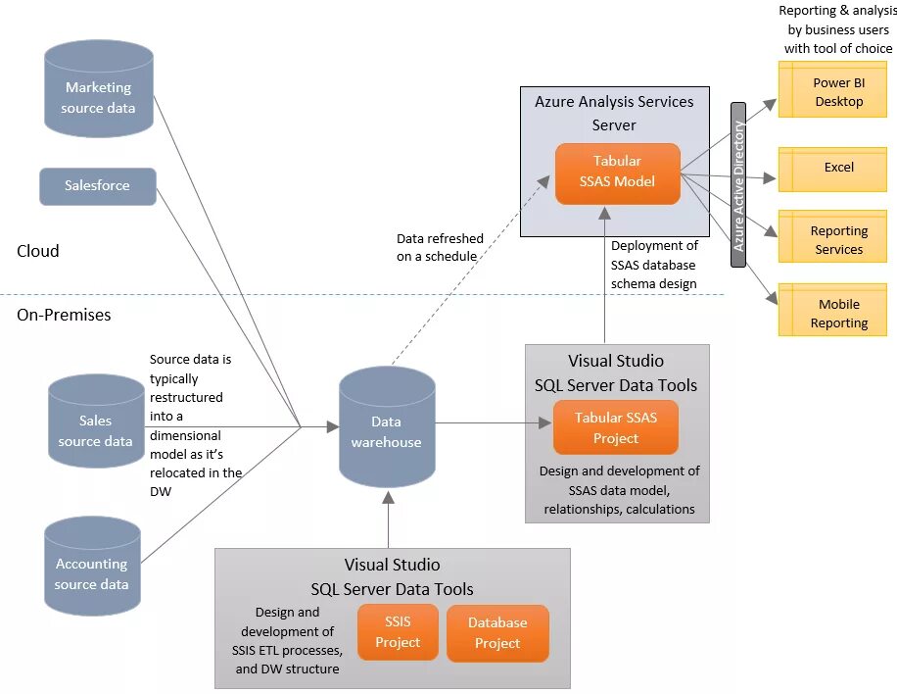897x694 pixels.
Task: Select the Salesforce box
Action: click(98, 186)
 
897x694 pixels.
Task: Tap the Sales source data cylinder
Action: click(96, 426)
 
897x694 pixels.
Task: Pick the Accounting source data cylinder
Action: click(93, 569)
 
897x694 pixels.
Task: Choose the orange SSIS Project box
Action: click(398, 632)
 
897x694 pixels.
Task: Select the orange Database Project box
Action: click(497, 633)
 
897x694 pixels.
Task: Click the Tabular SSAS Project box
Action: click(616, 427)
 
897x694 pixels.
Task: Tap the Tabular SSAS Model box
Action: click(617, 173)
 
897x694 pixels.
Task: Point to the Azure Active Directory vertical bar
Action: click(738, 184)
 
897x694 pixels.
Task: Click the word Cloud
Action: click(38, 251)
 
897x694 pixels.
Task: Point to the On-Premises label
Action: click(64, 315)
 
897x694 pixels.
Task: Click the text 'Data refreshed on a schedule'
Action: click(439, 247)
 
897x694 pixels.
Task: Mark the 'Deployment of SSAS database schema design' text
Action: click(654, 265)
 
